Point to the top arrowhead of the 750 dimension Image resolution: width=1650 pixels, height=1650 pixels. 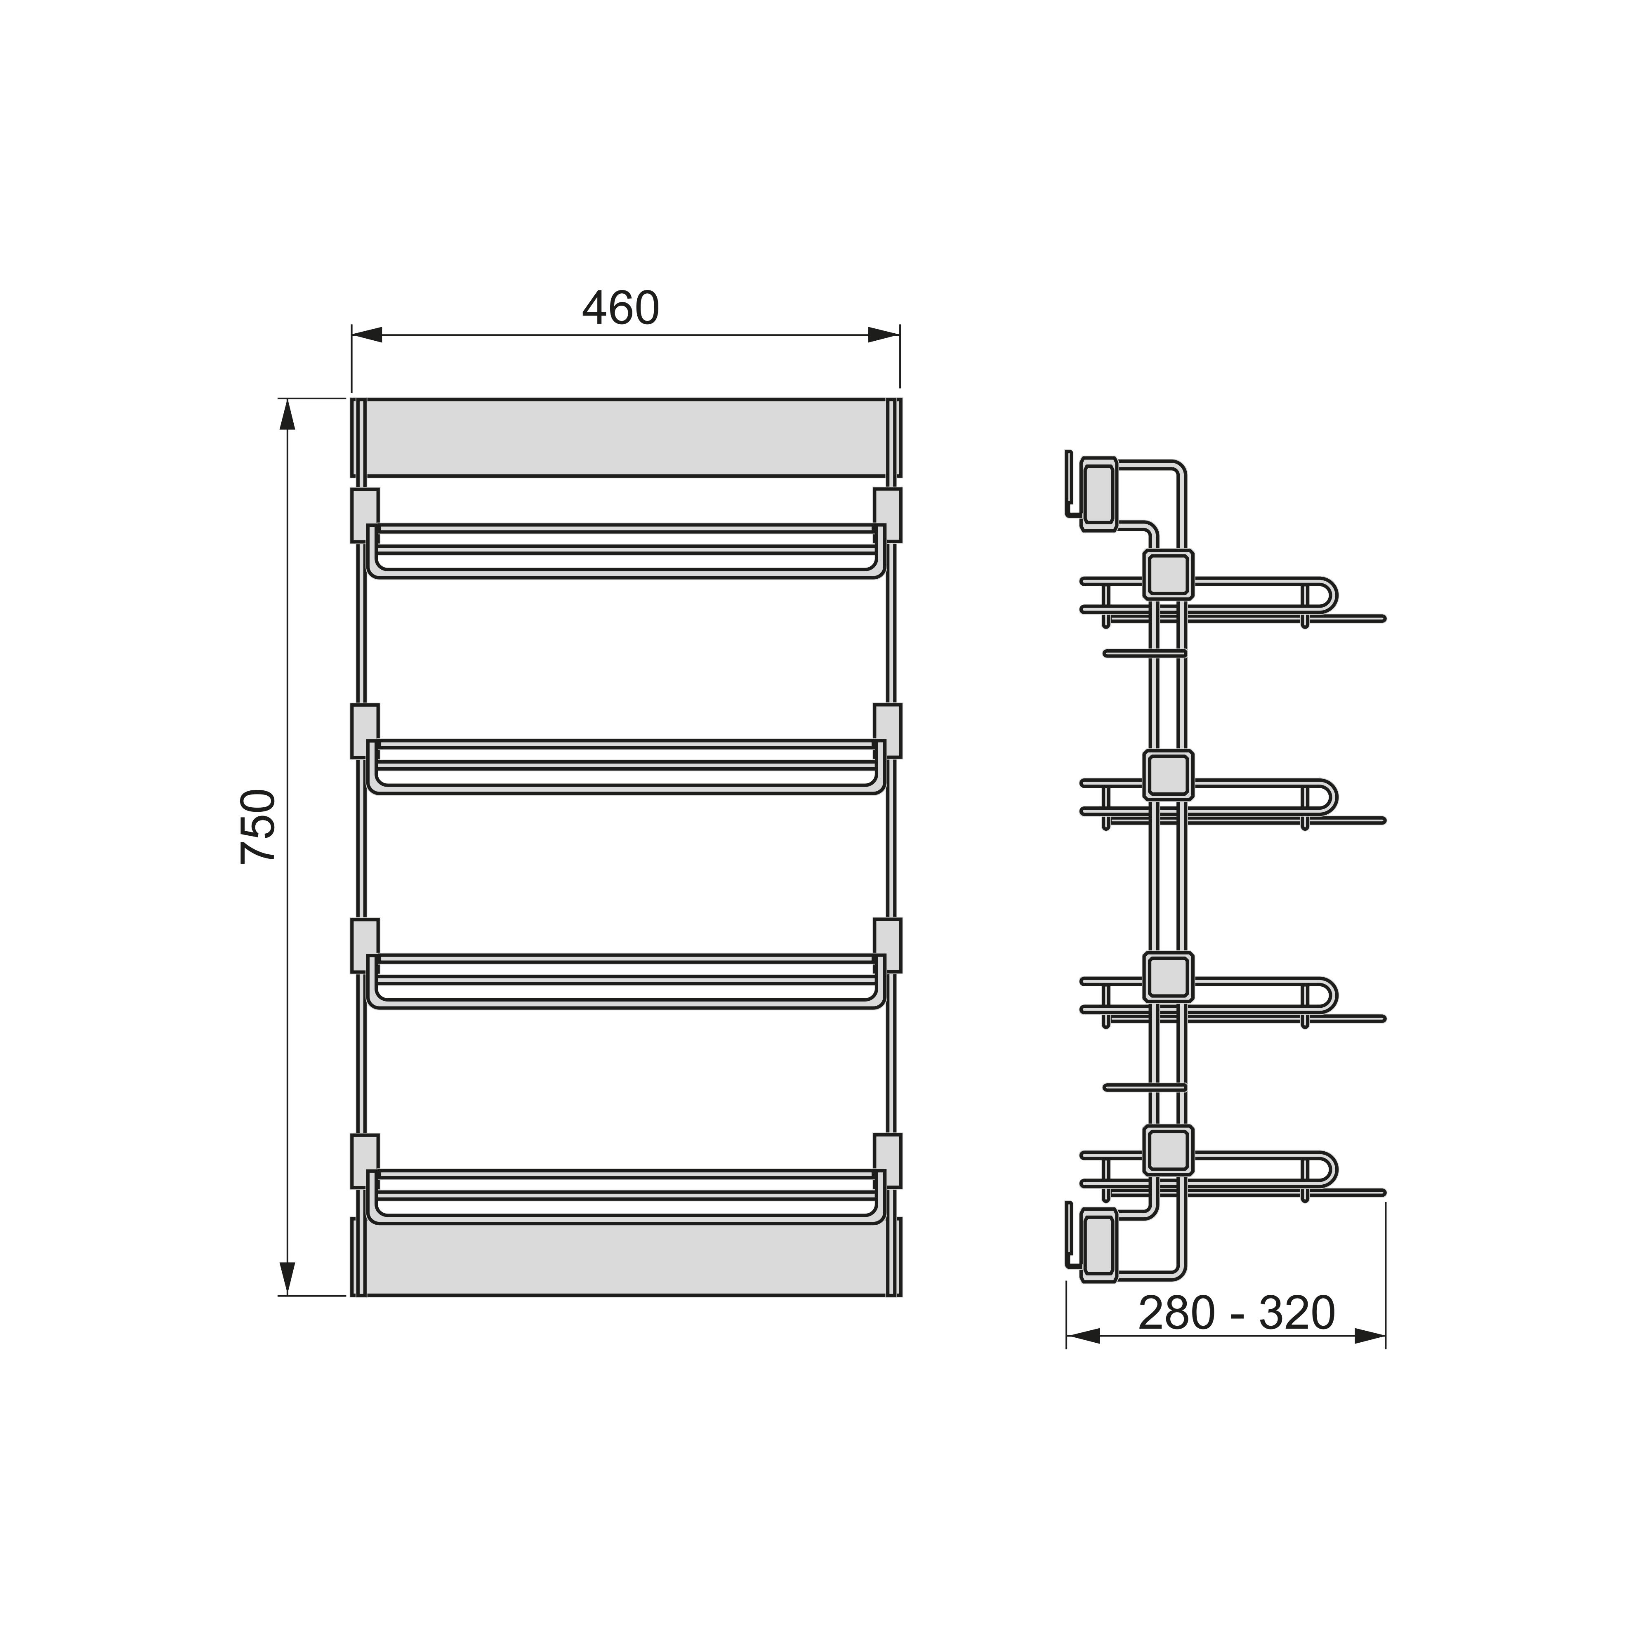(287, 414)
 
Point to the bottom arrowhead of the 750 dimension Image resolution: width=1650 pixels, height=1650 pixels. (287, 1279)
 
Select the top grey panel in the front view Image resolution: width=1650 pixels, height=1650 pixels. (626, 437)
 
